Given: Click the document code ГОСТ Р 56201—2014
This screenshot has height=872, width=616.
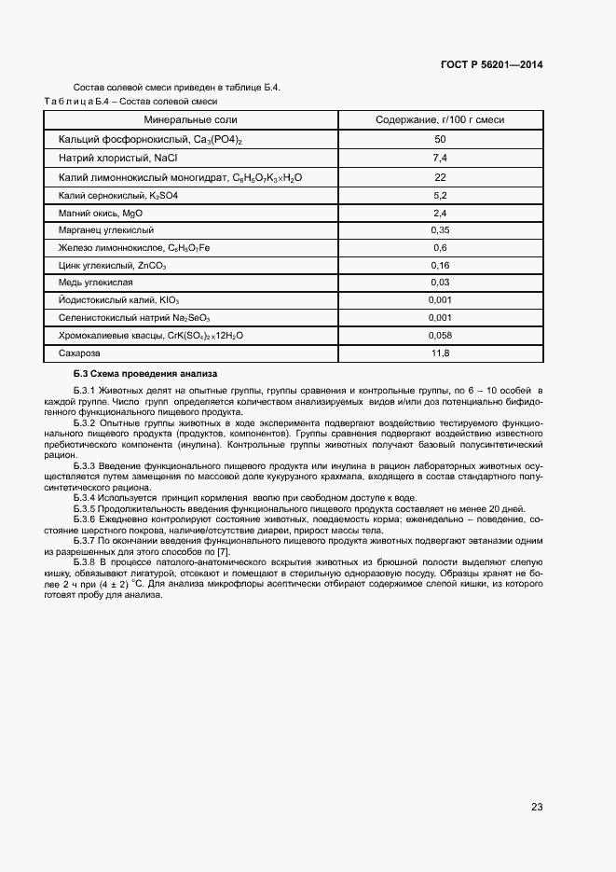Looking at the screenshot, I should [x=491, y=65].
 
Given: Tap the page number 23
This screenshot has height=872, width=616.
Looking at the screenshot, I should [x=537, y=807].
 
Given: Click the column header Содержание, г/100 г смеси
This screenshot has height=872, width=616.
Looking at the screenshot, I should [x=440, y=120].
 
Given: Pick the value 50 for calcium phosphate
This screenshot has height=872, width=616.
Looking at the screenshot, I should [x=440, y=139].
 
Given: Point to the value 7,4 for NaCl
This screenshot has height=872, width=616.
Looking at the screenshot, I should [x=440, y=158].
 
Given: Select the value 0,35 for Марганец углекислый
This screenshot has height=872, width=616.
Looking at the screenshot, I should [x=440, y=229].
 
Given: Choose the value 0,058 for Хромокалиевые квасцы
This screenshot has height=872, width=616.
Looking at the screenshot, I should [x=440, y=334].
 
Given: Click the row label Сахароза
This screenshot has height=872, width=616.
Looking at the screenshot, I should [x=78, y=353].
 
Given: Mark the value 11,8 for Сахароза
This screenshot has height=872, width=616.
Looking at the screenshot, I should [x=440, y=353].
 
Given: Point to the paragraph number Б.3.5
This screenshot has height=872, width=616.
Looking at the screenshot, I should [x=85, y=509].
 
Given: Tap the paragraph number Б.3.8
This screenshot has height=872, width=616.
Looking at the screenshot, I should [x=85, y=563].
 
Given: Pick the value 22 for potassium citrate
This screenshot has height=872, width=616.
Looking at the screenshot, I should [x=440, y=176].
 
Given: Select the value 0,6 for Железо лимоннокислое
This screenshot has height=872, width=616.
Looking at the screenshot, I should [x=440, y=247].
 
